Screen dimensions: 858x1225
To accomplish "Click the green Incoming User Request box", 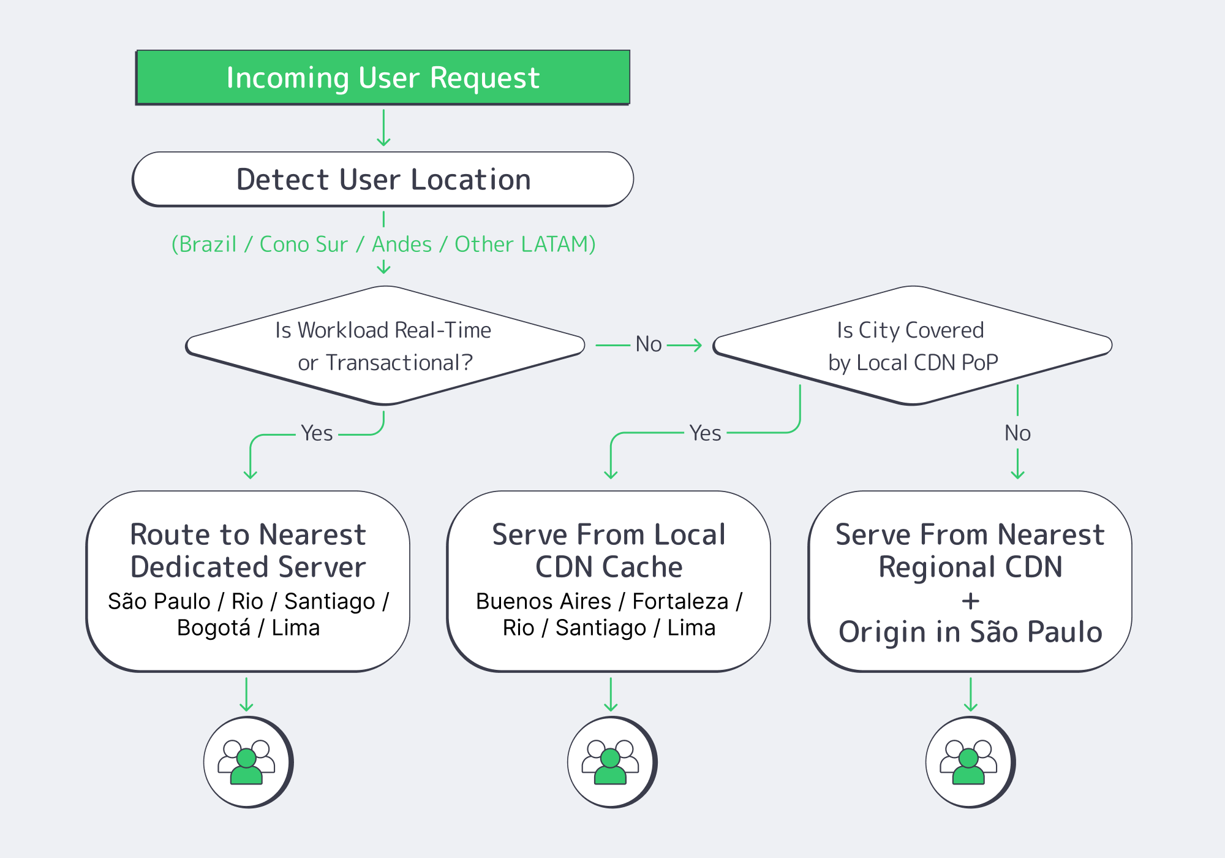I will coord(383,78).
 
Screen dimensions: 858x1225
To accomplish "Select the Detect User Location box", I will coord(383,180).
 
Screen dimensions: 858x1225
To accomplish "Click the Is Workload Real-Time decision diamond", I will coord(385,346).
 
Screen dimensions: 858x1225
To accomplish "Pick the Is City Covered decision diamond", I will coord(912,346).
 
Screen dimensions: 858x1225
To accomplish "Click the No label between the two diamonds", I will coord(648,344).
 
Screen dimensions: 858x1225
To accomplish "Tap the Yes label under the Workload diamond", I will coord(317,433).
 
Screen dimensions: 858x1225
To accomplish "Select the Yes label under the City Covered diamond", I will coord(705,433).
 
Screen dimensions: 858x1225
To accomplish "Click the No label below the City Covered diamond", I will coord(1017,433).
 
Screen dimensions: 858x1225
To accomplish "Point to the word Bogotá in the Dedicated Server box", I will coord(214,628).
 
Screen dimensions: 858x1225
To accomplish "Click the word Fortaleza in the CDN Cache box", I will coord(680,601).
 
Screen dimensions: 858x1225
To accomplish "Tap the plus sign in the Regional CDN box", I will coord(970,601).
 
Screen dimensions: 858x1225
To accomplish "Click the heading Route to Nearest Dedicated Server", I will coord(248,550).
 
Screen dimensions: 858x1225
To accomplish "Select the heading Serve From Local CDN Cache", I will coord(609,550).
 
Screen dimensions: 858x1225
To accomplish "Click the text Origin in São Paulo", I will coord(970,632).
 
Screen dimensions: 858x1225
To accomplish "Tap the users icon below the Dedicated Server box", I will coord(247,762).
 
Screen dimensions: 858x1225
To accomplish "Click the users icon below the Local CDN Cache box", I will coord(611,762).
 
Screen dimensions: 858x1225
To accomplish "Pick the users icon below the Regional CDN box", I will coord(969,762).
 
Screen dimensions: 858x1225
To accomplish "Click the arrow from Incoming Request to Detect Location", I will coord(383,127).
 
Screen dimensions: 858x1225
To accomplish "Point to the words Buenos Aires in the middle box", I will coord(543,601).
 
